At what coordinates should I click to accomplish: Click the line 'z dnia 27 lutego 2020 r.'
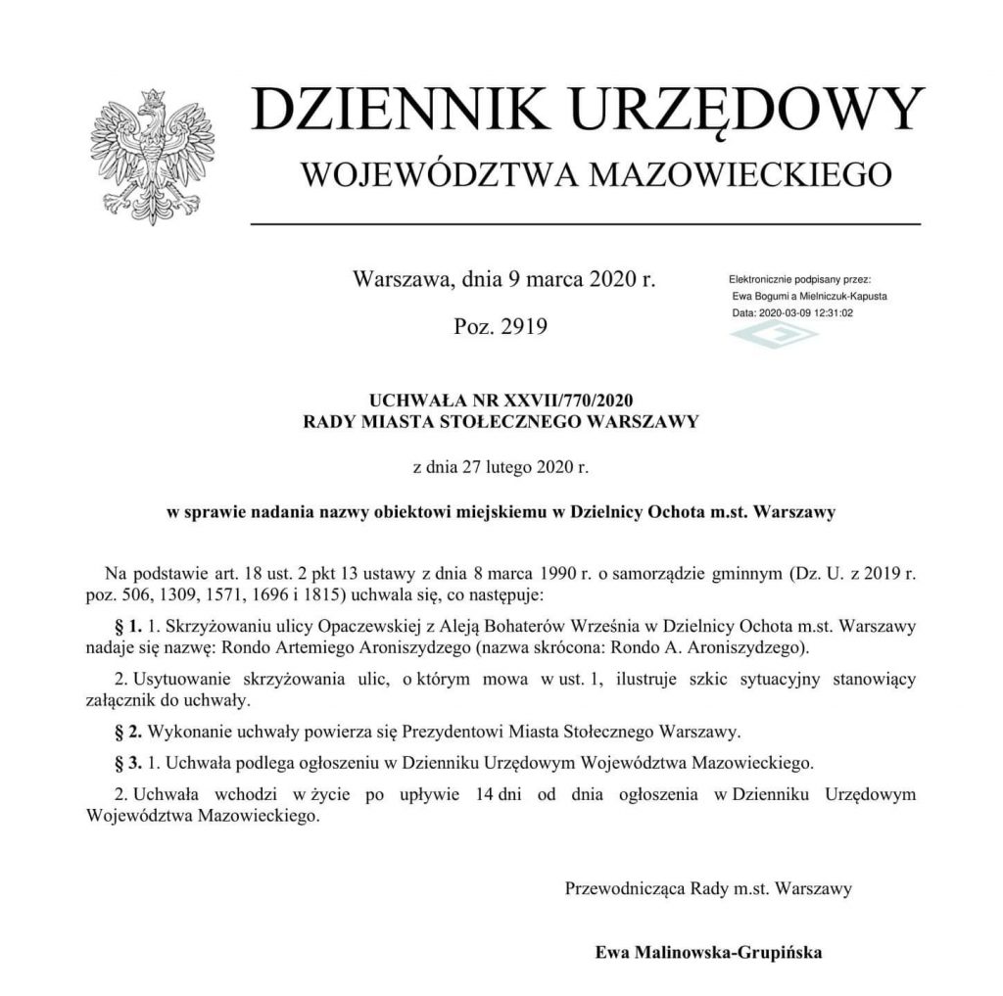[x=501, y=467]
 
